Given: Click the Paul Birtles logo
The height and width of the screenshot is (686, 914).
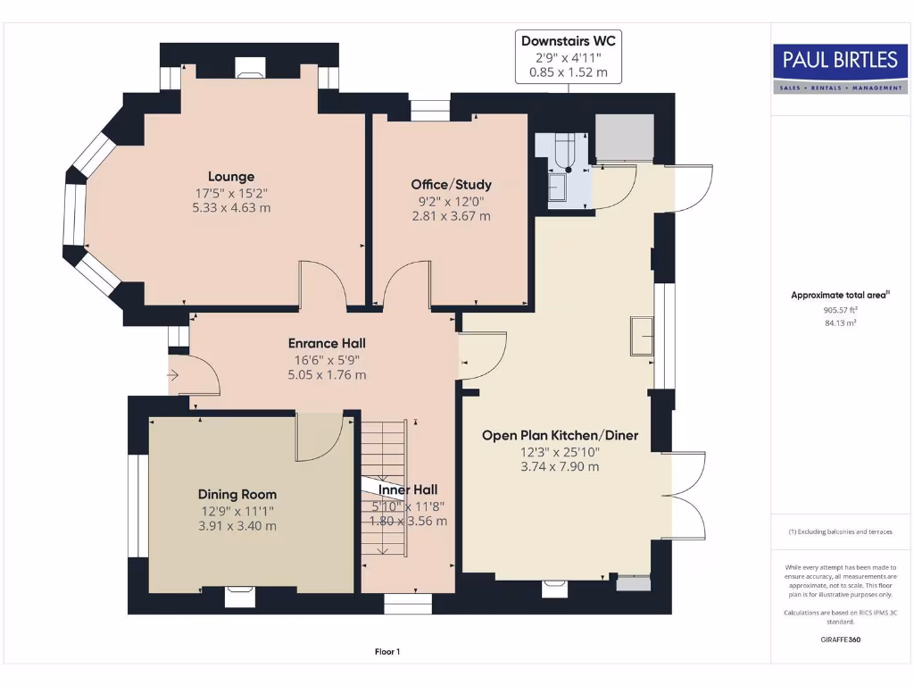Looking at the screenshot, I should click(x=840, y=68).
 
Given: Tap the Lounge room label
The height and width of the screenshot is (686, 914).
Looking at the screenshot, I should click(x=231, y=177).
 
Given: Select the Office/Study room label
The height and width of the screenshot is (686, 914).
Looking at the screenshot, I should click(x=451, y=185).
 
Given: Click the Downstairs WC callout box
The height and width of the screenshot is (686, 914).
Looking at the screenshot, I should click(x=569, y=56).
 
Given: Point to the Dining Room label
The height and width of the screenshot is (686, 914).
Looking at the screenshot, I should click(x=237, y=494).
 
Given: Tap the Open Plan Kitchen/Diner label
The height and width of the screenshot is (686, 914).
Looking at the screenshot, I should click(x=560, y=436).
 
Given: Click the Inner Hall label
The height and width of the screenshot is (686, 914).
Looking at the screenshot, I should click(x=408, y=489).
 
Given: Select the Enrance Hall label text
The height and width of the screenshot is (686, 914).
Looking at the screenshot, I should click(x=327, y=343).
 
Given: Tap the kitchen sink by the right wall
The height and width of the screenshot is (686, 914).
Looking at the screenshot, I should click(x=642, y=335).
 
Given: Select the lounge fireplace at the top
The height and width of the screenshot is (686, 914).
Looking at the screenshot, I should click(x=250, y=66).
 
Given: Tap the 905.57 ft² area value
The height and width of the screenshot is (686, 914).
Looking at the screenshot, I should click(x=840, y=310).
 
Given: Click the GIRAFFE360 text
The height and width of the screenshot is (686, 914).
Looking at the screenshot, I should click(x=840, y=640).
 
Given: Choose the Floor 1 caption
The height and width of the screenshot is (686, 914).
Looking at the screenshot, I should click(x=387, y=652).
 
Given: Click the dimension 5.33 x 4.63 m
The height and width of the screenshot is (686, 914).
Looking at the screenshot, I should click(x=231, y=207).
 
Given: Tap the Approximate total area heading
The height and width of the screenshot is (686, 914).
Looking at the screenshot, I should click(x=840, y=295).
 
